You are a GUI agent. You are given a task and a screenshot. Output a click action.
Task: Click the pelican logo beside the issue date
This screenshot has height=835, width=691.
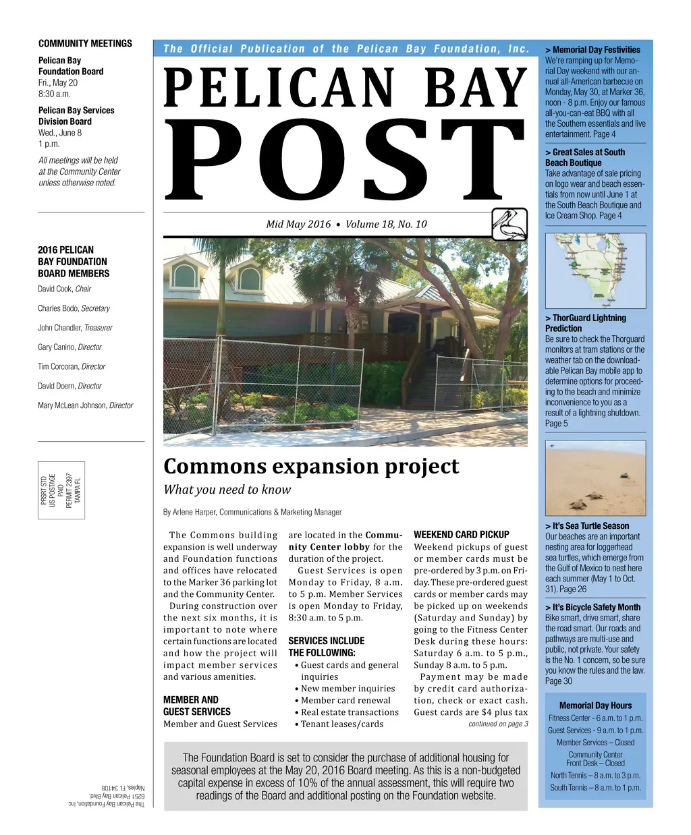509,224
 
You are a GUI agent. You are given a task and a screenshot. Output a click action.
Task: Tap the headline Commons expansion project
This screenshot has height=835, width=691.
311,466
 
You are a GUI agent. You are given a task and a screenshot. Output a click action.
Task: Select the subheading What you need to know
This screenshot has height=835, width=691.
227,490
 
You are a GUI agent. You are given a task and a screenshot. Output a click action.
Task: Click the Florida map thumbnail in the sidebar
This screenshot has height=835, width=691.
595,270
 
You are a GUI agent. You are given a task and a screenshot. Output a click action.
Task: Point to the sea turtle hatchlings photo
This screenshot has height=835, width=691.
595,478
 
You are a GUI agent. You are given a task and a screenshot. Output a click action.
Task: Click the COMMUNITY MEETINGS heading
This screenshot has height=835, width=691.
85,43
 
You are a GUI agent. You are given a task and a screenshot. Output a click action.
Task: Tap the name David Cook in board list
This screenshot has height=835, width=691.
55,289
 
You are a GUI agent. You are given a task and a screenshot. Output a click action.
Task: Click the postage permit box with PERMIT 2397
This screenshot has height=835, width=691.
61,490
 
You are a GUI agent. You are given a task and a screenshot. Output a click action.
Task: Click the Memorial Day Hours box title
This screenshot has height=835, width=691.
595,705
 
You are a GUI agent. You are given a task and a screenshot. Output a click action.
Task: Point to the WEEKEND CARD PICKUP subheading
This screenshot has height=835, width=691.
461,534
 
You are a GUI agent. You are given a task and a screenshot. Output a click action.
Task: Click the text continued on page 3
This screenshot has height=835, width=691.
498,724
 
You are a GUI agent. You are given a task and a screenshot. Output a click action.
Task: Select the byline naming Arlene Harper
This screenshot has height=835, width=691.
252,512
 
